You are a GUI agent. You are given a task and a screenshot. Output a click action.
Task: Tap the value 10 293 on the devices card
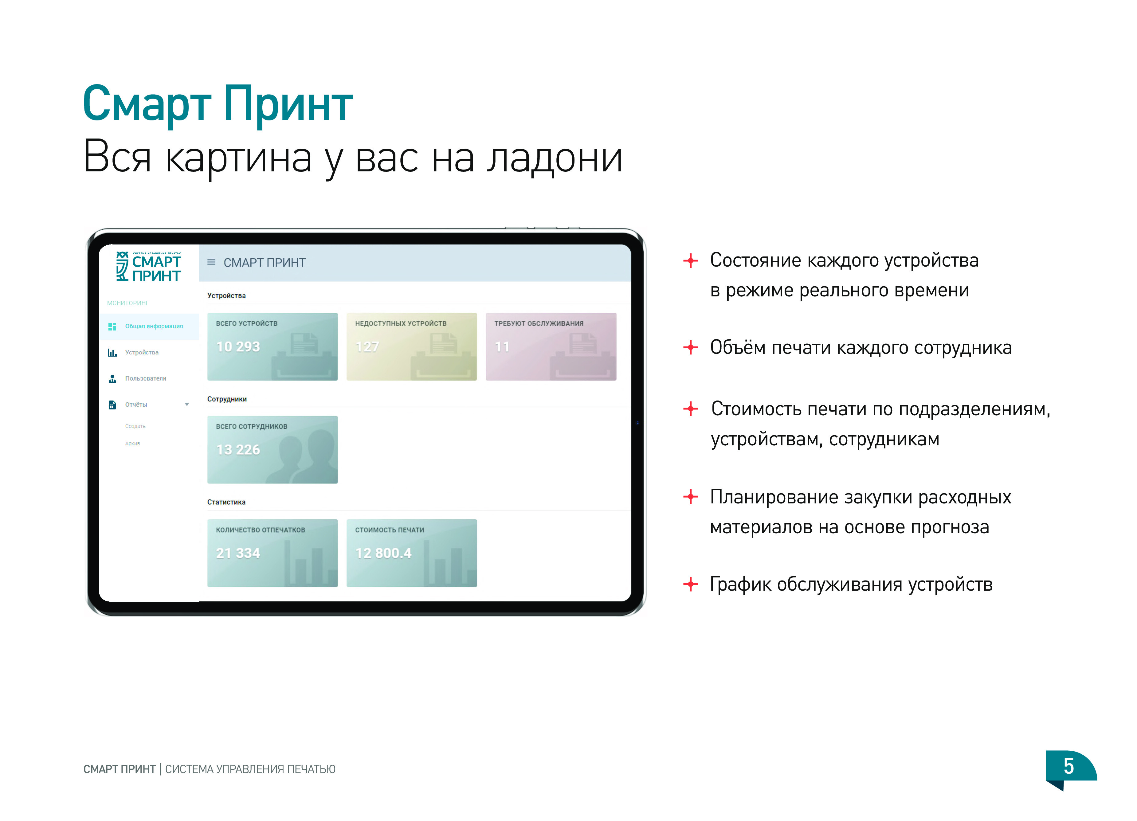click(x=238, y=347)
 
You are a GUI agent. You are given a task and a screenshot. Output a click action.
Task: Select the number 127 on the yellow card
click(x=367, y=347)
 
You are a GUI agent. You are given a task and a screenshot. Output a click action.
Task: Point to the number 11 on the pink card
click(x=502, y=347)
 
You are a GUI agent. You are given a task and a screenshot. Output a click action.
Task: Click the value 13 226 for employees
click(x=238, y=450)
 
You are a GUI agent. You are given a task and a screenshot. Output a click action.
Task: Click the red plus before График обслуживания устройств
click(x=690, y=584)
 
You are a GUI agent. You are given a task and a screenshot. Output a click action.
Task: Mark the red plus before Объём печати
click(x=690, y=347)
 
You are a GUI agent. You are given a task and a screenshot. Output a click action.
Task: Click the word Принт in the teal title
click(x=288, y=104)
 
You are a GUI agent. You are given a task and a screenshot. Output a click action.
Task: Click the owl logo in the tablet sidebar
click(x=122, y=266)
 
